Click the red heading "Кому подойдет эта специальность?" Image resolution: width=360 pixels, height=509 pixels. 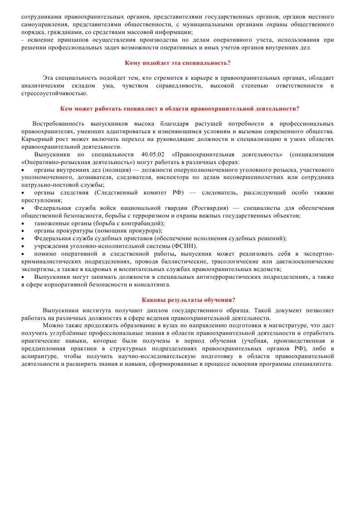coord(180,63)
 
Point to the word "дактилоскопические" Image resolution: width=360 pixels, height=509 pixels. coord(305,262)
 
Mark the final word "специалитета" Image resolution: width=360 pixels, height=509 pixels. coord(313,364)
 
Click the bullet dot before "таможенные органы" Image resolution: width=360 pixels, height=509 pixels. coord(23,223)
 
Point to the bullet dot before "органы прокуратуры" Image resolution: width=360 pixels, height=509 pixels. coord(23,231)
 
